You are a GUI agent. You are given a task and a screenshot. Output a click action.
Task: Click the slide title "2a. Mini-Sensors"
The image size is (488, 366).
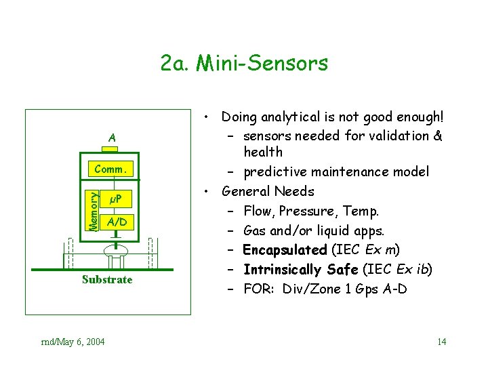click(x=244, y=64)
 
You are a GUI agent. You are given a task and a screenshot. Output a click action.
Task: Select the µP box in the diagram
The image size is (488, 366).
click(x=115, y=200)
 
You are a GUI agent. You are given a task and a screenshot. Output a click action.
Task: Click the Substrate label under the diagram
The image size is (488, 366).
click(x=107, y=279)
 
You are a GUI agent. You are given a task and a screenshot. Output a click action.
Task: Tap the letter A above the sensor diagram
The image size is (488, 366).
click(x=112, y=138)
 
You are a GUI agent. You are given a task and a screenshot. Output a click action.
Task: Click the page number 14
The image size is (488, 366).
click(x=442, y=341)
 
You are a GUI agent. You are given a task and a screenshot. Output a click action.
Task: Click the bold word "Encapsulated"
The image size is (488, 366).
click(x=285, y=249)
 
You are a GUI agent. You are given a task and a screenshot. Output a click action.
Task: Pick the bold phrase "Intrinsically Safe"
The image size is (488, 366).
click(x=301, y=269)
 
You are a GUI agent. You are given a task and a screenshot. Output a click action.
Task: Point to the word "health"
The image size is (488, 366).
click(x=263, y=152)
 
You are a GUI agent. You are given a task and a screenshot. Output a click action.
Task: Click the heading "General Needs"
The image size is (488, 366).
click(x=268, y=191)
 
